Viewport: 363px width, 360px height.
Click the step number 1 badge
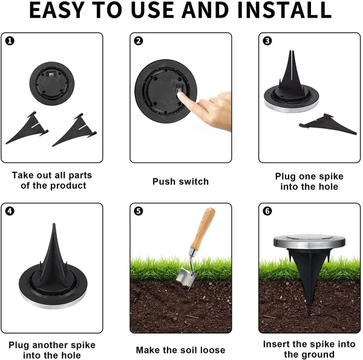[10, 41]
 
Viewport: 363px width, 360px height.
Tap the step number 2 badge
[139, 41]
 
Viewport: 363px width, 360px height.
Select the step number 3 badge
[267, 41]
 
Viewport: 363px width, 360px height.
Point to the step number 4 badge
[10, 211]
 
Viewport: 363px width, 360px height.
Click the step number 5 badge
[139, 211]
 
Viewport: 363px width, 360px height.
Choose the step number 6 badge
[267, 211]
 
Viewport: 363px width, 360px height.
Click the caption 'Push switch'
[180, 182]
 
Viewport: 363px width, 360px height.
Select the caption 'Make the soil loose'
[180, 350]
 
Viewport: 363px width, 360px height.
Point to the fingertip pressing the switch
[180, 94]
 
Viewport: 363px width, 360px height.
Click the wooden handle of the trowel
[203, 229]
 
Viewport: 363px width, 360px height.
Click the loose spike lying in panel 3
[328, 124]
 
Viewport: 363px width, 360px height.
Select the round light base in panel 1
[52, 83]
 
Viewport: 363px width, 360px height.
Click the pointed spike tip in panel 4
[54, 224]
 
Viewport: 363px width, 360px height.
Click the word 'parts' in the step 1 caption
[80, 175]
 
